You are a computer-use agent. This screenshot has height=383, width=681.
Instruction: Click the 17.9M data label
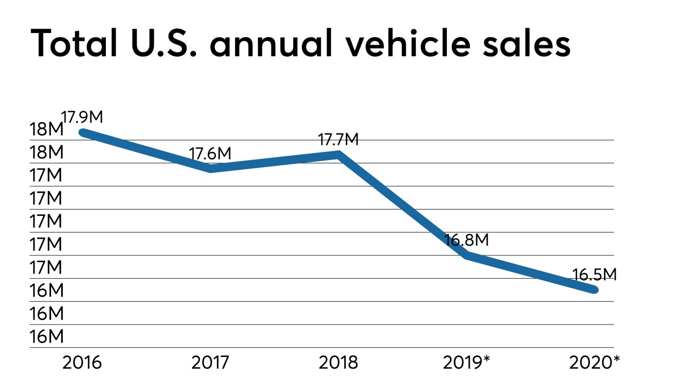pyautogui.click(x=82, y=116)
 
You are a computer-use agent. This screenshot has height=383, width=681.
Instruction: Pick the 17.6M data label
pyautogui.click(x=210, y=153)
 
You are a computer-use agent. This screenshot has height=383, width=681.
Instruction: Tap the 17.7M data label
pyautogui.click(x=338, y=140)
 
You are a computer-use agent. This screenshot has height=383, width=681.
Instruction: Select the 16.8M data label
pyautogui.click(x=467, y=240)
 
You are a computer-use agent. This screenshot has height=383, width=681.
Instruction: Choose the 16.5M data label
pyautogui.click(x=594, y=275)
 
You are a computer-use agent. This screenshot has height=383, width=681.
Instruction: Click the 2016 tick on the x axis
pyautogui.click(x=82, y=363)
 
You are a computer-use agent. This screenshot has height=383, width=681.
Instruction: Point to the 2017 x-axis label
pyautogui.click(x=210, y=363)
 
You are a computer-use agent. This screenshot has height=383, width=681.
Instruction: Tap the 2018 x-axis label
pyautogui.click(x=338, y=363)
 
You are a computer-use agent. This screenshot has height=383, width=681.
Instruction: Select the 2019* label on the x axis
pyautogui.click(x=467, y=363)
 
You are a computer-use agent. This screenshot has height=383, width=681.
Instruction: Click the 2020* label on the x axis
pyautogui.click(x=594, y=363)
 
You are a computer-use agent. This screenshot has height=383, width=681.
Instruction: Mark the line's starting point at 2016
pyautogui.click(x=82, y=132)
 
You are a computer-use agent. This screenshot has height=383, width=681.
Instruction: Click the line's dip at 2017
pyautogui.click(x=211, y=169)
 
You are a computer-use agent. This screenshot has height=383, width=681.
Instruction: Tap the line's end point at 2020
pyautogui.click(x=594, y=290)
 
